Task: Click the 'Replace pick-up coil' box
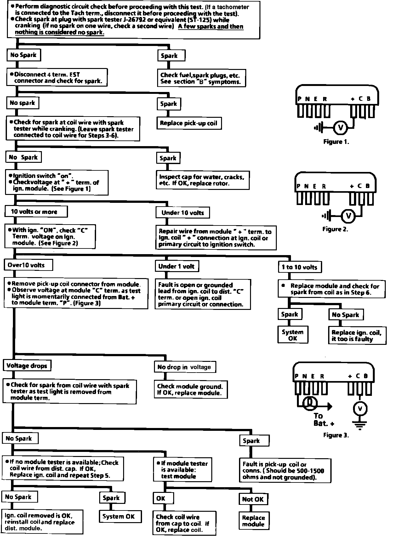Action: tap(189, 123)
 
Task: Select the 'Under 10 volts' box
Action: tap(183, 213)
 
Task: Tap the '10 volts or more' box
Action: tap(36, 212)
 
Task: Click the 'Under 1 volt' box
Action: tap(177, 266)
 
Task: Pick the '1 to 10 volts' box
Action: tap(299, 267)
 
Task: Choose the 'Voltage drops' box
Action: tap(27, 366)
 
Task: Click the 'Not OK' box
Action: tap(253, 499)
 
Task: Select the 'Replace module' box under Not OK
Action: tap(253, 521)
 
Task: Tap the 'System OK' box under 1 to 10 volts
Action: tap(293, 335)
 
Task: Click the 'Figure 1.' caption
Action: tap(336, 142)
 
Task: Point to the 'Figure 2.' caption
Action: tap(335, 229)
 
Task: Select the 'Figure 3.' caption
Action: tap(336, 435)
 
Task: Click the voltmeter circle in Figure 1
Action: tap(340, 128)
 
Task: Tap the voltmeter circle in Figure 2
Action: tap(348, 216)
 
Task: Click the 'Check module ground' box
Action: tap(190, 390)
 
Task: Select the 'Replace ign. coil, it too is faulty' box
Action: tap(357, 336)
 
